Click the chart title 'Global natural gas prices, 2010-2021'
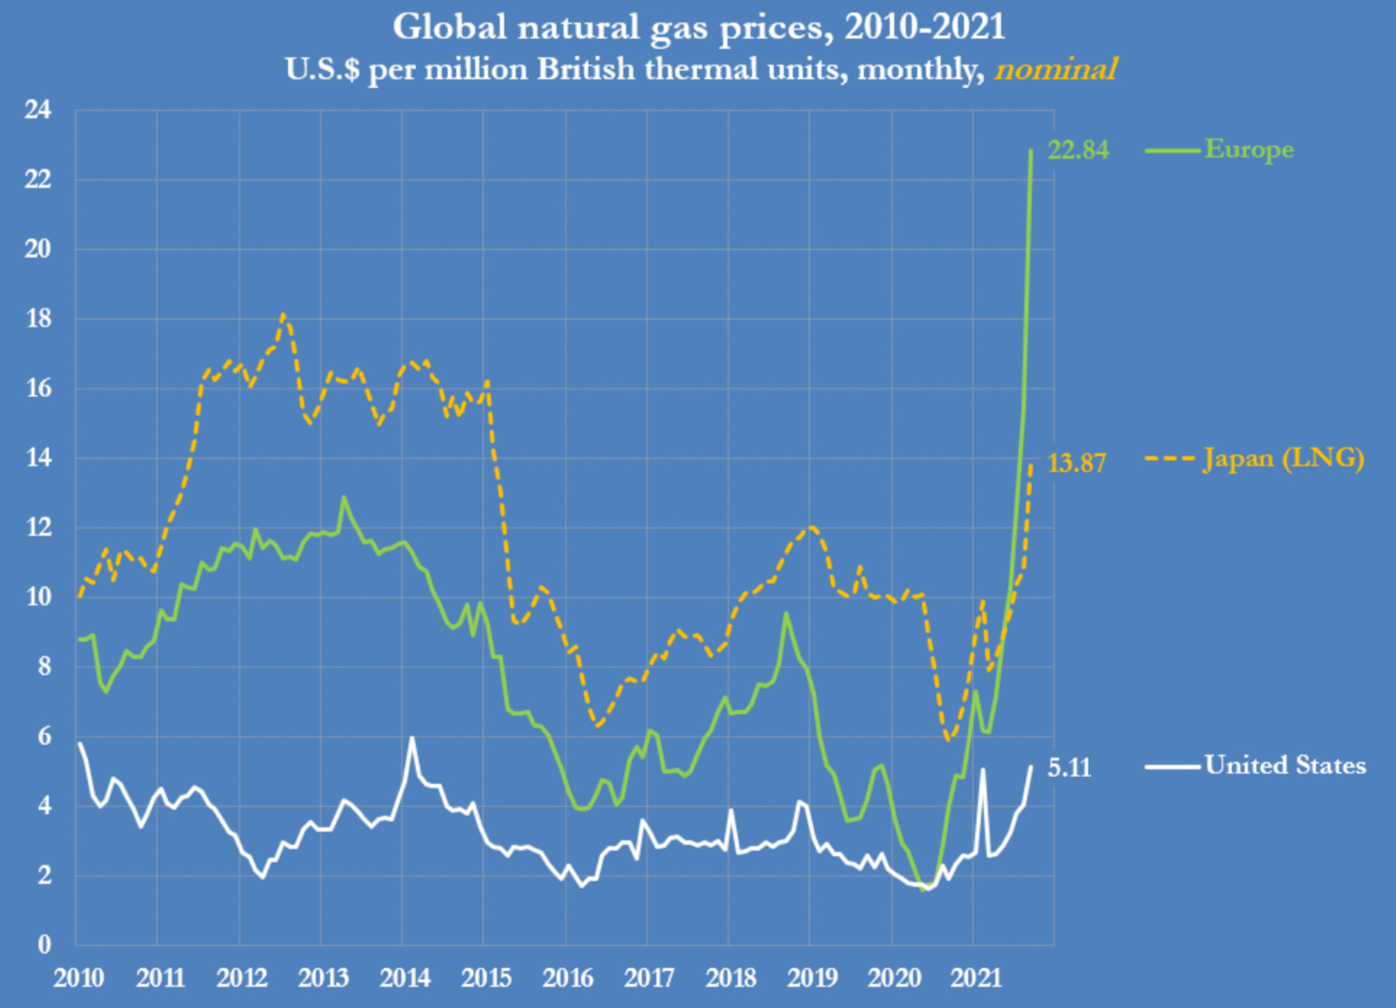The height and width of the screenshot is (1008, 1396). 698,27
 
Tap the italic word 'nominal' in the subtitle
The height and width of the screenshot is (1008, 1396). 1055,70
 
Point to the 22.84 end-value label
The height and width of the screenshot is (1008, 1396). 1078,150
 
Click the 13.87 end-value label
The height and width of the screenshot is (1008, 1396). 1076,463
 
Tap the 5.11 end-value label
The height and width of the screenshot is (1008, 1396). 1069,767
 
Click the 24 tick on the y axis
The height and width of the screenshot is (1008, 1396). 38,110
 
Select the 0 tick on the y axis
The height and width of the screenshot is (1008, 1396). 44,944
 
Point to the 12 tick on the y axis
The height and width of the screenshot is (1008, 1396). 38,527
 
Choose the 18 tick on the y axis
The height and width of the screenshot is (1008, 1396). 38,319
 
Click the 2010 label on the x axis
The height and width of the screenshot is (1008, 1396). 79,977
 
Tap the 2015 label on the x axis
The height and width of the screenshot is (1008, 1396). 487,977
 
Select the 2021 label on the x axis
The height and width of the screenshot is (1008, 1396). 976,977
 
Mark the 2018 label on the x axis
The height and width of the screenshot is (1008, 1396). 731,977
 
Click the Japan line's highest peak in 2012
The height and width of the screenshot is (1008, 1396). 283,315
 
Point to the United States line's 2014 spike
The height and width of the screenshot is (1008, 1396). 411,738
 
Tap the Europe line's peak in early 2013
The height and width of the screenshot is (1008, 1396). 344,497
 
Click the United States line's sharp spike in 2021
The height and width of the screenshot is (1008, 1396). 983,768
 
